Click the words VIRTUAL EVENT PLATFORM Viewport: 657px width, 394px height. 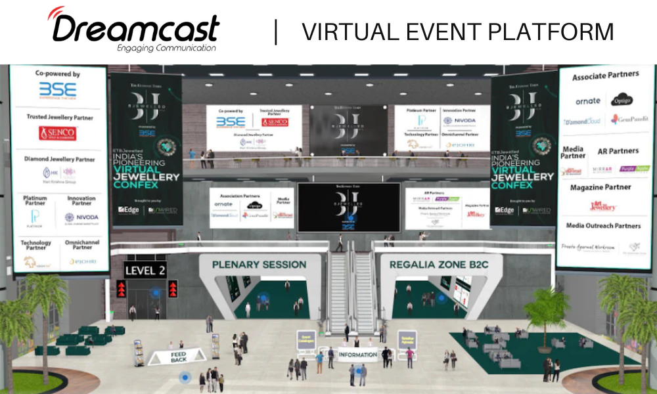pyautogui.click(x=458, y=31)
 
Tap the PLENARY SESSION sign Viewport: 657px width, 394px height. pyautogui.click(x=259, y=265)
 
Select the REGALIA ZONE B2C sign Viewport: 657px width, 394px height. pyautogui.click(x=442, y=265)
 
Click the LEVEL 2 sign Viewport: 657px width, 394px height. pyautogui.click(x=145, y=271)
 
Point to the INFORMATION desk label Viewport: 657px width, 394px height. pyautogui.click(x=357, y=355)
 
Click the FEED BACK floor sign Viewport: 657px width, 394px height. pyautogui.click(x=179, y=357)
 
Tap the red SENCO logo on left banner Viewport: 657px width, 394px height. pyautogui.click(x=58, y=133)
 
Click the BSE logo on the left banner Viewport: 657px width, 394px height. pyautogui.click(x=58, y=91)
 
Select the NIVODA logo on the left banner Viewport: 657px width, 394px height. pyautogui.click(x=81, y=217)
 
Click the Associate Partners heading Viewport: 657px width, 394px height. pyautogui.click(x=605, y=76)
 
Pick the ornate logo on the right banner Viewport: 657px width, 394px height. pyautogui.click(x=587, y=100)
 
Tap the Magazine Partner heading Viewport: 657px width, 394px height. pyautogui.click(x=600, y=187)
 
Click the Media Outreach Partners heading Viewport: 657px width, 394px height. pyautogui.click(x=604, y=226)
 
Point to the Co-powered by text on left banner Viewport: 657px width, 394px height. pyautogui.click(x=58, y=74)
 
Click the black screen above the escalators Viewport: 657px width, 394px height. pyautogui.click(x=348, y=207)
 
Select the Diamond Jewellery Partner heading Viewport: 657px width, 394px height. pyautogui.click(x=60, y=159)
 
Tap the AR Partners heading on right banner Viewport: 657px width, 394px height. pyautogui.click(x=618, y=151)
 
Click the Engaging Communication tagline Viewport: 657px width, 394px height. pyautogui.click(x=166, y=48)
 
